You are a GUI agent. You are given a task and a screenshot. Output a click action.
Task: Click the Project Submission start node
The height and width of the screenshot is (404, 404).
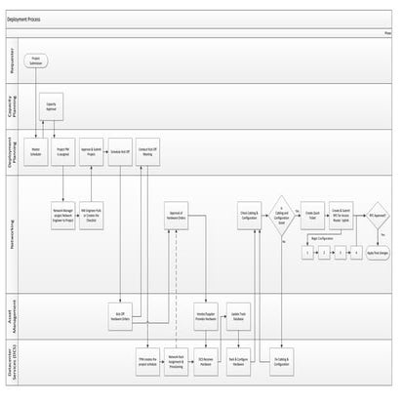click(36, 61)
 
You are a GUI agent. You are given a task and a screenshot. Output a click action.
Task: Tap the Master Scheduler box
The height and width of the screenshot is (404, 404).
click(36, 154)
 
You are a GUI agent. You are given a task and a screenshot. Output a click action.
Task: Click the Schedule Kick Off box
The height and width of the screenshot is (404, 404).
click(121, 154)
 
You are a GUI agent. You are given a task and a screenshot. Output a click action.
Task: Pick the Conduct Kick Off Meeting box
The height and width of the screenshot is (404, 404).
click(147, 154)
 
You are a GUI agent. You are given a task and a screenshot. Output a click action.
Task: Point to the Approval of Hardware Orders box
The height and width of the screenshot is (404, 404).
click(177, 215)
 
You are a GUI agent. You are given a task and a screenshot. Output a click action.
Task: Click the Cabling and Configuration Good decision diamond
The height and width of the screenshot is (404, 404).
click(282, 215)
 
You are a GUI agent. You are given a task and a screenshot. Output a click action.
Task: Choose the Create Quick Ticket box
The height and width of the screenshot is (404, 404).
click(314, 215)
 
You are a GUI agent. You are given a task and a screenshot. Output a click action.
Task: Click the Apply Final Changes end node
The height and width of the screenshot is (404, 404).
click(379, 252)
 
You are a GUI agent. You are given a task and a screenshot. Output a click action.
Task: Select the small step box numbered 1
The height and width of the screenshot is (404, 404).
click(308, 253)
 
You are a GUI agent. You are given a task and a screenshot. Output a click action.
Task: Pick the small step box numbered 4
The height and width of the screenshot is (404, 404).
click(357, 253)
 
